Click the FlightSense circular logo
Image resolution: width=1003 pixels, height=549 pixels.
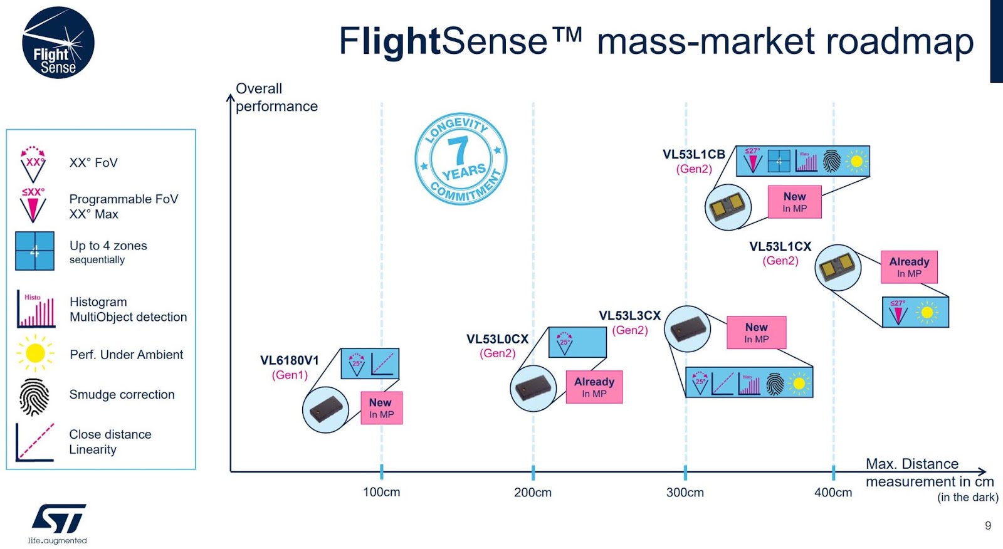coord(58,43)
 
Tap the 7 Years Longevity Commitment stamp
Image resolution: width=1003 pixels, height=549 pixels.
coord(461,159)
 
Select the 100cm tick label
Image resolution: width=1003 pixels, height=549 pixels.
coord(381,493)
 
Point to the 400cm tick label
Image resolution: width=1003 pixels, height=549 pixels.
coord(832,493)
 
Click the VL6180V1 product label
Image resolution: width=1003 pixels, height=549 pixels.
coord(290,360)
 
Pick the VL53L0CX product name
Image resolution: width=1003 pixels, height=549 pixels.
coord(497,339)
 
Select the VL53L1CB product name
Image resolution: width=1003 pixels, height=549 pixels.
coord(693,154)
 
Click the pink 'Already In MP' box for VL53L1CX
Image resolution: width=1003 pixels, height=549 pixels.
coord(909,267)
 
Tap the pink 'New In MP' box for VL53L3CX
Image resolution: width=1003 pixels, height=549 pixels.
coord(756,332)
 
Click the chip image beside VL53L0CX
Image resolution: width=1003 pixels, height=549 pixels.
coord(533,389)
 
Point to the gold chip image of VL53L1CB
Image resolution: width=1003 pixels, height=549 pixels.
coord(728,207)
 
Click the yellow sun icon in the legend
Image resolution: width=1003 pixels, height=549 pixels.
coord(35,353)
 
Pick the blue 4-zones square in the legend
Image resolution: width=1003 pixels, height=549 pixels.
coord(34,251)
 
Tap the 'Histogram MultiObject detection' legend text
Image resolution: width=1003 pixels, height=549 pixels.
coord(128,310)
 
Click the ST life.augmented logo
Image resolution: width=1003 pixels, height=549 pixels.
coord(58,523)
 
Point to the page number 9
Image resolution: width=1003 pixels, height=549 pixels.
coord(988,526)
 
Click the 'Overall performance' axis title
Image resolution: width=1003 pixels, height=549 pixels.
coord(276,97)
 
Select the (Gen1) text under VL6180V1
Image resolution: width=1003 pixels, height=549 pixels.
coord(290,375)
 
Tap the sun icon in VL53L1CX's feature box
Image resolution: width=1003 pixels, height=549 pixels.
coord(927,312)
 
